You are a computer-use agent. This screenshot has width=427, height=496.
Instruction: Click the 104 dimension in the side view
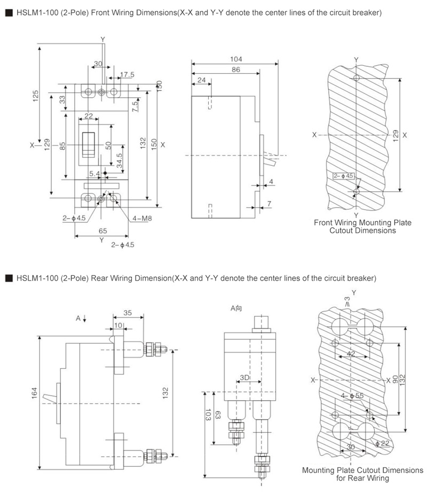coord(236,59)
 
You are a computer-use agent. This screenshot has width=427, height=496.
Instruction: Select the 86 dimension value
coord(236,69)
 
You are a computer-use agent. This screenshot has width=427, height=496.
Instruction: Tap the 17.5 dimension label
coord(127,75)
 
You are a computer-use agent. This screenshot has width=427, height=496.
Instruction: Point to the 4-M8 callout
coord(142,218)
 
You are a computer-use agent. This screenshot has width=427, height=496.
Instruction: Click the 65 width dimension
coord(102,231)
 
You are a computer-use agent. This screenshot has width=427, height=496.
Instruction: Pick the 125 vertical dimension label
coord(35,96)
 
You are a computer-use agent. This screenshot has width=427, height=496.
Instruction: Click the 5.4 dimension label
coord(94,173)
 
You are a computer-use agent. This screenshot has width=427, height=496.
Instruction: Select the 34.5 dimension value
coord(120,161)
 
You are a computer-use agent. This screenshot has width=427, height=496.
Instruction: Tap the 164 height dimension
coord(34,393)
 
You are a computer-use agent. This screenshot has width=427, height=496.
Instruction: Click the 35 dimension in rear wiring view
coord(128,313)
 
